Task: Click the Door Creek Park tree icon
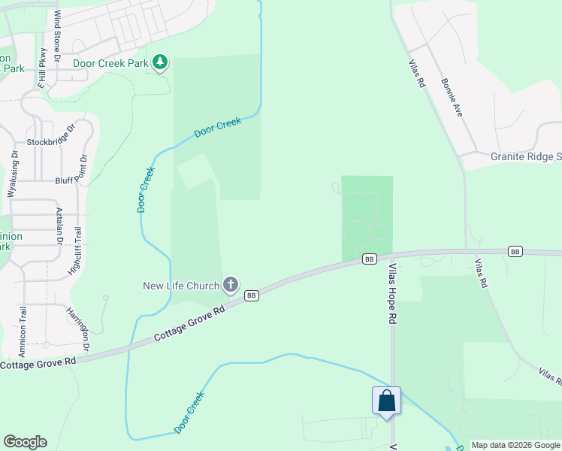tap(160, 62)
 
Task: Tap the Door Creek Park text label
tap(110, 63)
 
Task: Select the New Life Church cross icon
tap(231, 285)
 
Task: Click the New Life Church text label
tap(181, 286)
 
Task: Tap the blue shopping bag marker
tap(387, 400)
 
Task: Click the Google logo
tap(25, 442)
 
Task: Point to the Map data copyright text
tap(515, 445)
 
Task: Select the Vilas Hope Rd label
tap(392, 293)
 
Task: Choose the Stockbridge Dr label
tap(53, 141)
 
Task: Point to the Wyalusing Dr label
tap(13, 173)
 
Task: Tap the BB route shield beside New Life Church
tap(252, 295)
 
